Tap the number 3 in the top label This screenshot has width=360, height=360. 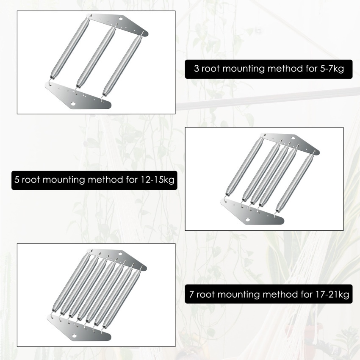(x=197, y=69)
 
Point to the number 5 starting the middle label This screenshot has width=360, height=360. (x=17, y=180)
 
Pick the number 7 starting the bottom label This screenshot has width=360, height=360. (x=191, y=294)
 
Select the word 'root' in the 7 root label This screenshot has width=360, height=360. (x=205, y=294)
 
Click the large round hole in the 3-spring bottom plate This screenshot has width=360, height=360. (x=73, y=104)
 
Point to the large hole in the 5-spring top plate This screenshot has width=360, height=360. (x=293, y=138)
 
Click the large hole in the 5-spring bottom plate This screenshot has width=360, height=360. (x=248, y=220)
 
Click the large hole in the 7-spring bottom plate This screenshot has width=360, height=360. (x=74, y=336)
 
